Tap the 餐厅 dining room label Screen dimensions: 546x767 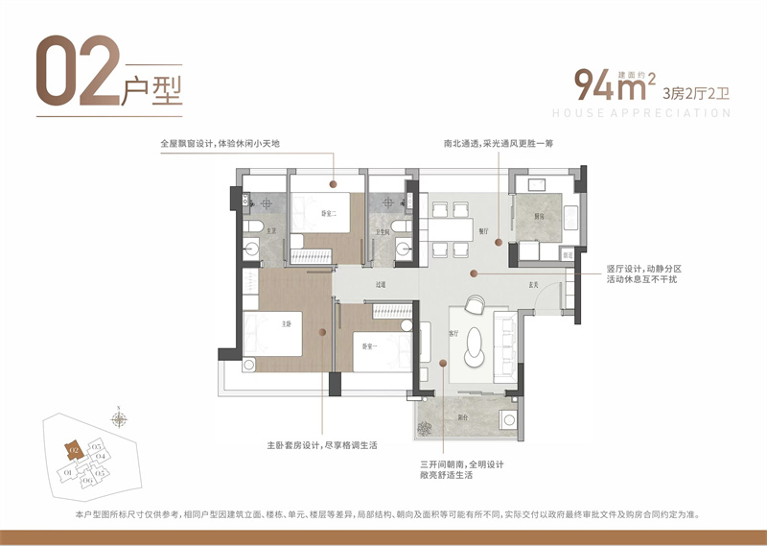pos(483,231)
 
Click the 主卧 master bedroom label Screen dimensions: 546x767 pos(286,324)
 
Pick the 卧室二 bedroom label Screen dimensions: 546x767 pos(327,213)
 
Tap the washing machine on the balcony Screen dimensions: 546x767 pos(505,418)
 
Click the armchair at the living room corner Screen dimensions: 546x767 pos(476,305)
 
